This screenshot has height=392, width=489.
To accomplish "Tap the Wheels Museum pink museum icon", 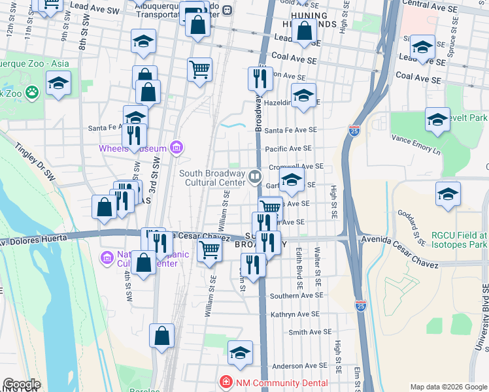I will point(175,148).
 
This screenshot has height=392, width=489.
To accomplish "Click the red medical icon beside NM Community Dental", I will point(225,380).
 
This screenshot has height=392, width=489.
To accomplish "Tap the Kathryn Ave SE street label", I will point(295,314).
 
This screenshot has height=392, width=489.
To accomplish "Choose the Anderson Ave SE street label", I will point(299,366).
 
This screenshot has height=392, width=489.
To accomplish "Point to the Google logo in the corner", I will point(21,384).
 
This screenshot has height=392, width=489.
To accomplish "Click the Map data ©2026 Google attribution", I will point(448,387).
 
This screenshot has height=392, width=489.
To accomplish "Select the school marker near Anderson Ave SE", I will point(240,352).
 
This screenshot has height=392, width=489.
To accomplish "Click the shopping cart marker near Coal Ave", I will point(199,69).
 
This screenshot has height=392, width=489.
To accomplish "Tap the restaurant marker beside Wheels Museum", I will point(134,136).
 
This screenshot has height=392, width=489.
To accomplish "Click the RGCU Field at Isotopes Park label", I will point(460,240).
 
